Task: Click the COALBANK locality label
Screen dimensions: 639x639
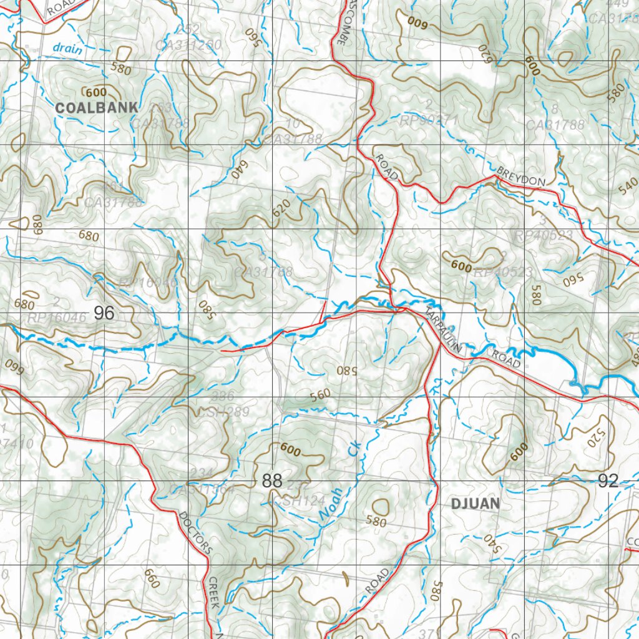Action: click(96, 107)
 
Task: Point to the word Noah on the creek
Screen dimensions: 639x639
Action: click(331, 504)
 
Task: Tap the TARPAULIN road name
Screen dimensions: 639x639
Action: click(445, 331)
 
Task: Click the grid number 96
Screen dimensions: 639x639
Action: click(104, 313)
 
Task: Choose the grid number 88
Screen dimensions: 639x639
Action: click(273, 481)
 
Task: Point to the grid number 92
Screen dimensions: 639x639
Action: click(608, 480)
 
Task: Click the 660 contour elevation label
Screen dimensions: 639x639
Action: click(152, 578)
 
